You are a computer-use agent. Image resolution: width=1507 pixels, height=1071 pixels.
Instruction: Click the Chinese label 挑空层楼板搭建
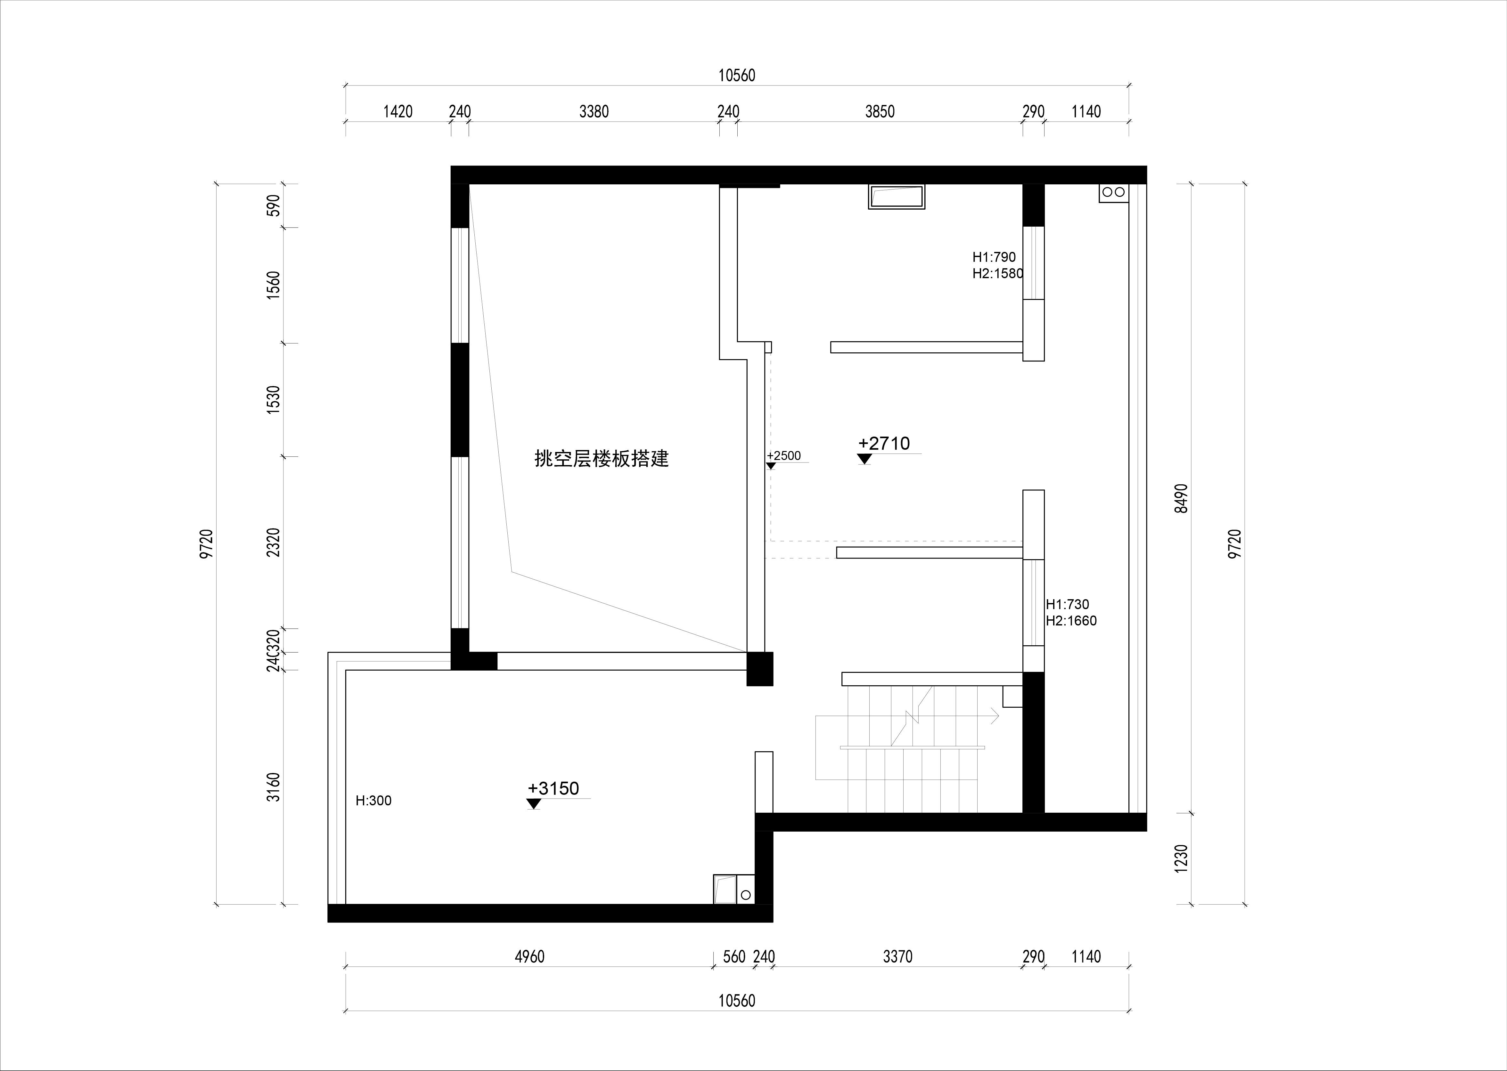pos(601,458)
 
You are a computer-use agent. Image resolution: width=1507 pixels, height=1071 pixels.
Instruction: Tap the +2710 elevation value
pos(884,443)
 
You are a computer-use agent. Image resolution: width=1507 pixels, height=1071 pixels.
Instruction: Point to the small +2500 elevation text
pos(784,456)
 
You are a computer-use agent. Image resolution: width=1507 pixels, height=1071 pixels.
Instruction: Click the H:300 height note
pos(373,801)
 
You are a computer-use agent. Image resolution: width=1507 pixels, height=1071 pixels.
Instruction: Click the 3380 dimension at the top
pos(594,111)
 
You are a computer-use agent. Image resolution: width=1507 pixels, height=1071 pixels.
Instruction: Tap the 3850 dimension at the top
pos(880,111)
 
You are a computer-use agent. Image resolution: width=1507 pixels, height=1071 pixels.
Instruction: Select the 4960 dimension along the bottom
pos(529,956)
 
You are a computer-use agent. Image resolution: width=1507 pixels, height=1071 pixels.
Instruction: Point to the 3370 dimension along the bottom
pos(897,956)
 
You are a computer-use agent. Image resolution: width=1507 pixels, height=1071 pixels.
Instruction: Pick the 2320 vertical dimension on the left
pos(273,542)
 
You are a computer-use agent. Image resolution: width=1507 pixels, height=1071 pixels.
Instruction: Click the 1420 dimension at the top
pos(398,111)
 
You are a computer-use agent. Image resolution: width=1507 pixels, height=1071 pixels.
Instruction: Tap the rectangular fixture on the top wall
pos(897,197)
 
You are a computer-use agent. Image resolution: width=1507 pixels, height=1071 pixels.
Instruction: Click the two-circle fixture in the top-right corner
pos(1114,193)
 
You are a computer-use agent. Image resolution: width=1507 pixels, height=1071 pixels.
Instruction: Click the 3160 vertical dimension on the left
pos(273,787)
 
